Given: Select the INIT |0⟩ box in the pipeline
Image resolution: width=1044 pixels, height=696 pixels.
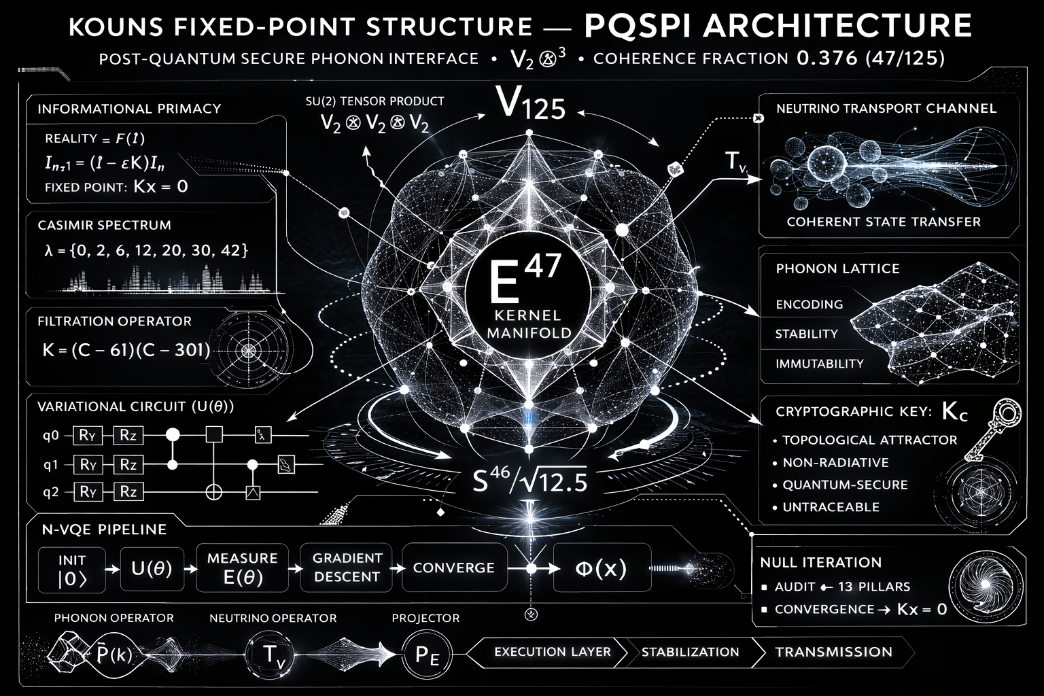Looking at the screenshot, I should pos(72,570).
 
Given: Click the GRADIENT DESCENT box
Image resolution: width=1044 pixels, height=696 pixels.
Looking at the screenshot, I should pos(347,567).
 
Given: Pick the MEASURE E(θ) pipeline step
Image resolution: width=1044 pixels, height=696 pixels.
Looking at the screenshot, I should pos(242,568).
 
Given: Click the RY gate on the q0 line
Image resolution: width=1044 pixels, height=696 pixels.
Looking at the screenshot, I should pos(87,435).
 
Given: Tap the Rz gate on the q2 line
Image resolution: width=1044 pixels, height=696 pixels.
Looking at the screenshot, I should pos(128,491).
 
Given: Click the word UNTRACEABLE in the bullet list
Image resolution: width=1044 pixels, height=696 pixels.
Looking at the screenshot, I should pos(831,507).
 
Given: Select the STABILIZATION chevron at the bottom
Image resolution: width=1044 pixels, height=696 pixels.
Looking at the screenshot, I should pos(690,652).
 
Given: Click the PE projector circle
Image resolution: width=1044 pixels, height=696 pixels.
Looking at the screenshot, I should pos(427,655).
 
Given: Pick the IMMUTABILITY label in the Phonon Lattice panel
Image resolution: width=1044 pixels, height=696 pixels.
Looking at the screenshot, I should pos(819,364).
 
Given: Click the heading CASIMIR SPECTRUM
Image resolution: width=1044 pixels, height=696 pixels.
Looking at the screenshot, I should pos(104,225).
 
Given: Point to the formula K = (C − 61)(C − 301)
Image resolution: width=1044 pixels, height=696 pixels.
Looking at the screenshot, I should pos(126,350).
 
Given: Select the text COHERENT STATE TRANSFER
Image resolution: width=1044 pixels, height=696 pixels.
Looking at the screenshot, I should pos(884,222).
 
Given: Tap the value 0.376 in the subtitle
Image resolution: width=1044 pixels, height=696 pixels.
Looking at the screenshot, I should pos(826,58).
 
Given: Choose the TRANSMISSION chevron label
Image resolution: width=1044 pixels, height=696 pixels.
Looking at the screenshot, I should pos(833,652).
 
